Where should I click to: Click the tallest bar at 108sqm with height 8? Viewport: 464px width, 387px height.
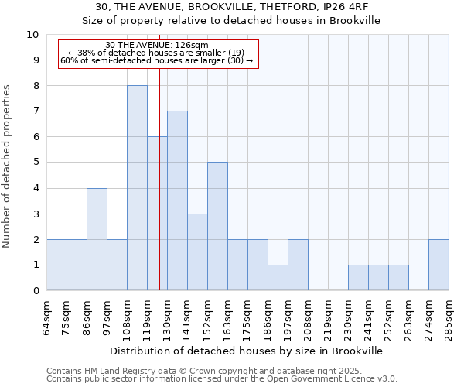click(137, 188)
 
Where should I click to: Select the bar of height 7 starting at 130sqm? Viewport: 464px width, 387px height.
click(177, 201)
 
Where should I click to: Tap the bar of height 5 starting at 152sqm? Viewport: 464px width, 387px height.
click(217, 226)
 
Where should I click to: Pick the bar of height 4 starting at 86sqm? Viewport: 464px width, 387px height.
click(97, 239)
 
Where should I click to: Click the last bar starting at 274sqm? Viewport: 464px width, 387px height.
click(438, 265)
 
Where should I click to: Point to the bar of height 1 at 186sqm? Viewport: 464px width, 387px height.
click(278, 278)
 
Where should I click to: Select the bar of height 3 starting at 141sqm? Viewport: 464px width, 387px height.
click(197, 252)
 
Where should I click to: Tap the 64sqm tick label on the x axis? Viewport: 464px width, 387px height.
click(47, 318)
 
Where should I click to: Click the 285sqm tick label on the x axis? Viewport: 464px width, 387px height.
click(449, 318)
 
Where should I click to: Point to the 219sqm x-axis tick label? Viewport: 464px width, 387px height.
click(329, 318)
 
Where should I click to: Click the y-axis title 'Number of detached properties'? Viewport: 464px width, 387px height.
click(8, 166)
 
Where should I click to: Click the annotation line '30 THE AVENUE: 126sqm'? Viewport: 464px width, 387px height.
click(156, 45)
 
